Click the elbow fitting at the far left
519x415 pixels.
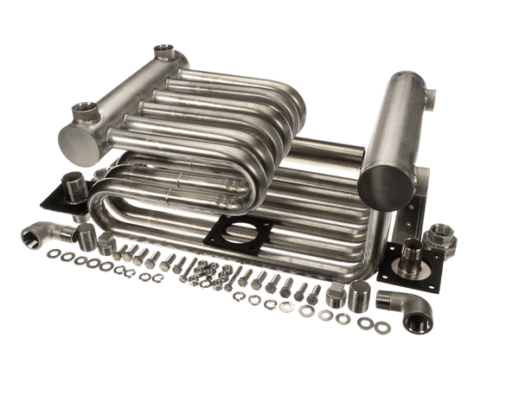[41, 233]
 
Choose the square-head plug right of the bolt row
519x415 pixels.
[336, 296]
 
